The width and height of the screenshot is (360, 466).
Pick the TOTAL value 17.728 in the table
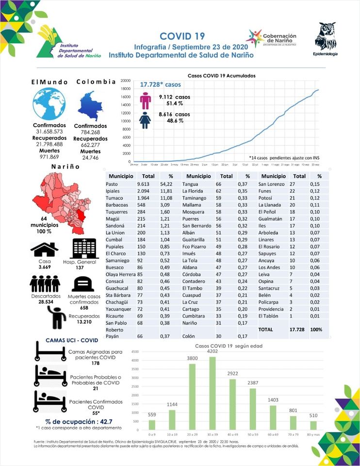pyautogui.click(x=299, y=330)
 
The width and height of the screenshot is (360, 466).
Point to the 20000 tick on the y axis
pyautogui.click(x=126, y=81)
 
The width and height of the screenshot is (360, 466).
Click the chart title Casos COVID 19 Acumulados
pyautogui.click(x=221, y=76)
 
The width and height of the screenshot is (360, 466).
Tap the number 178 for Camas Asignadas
pyautogui.click(x=95, y=363)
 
